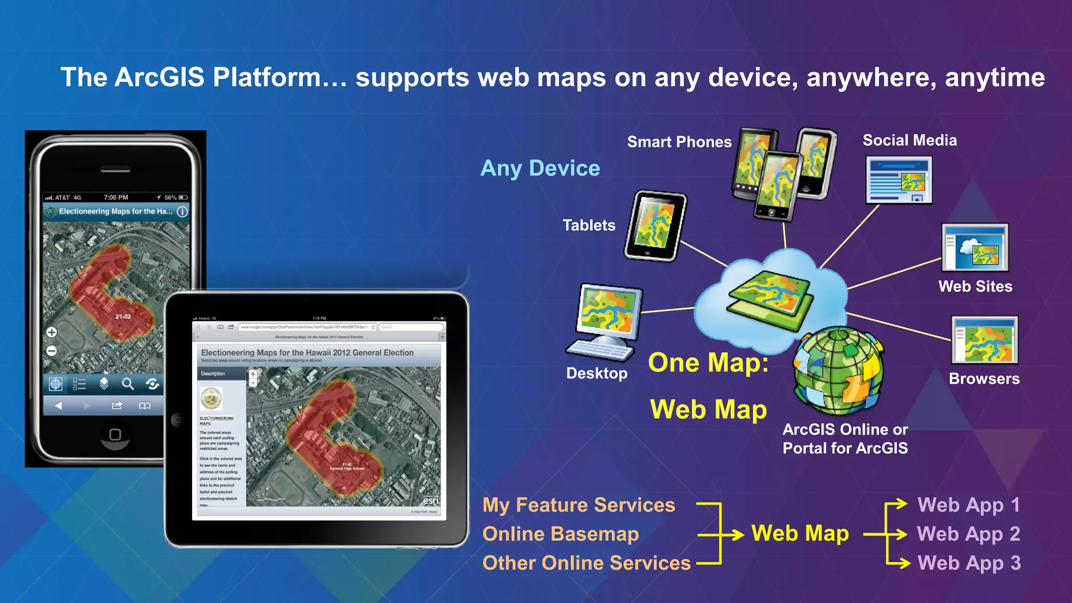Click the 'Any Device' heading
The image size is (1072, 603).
pos(540,169)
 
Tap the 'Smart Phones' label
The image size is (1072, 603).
pos(679,142)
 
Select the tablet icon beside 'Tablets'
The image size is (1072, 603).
pos(655,226)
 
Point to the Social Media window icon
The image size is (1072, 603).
pos(898,180)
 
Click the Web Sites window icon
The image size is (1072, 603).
pos(975,248)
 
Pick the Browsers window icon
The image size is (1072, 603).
pos(984,340)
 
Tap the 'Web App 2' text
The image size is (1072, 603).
pos(968,534)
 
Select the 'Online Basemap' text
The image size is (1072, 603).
pos(561,534)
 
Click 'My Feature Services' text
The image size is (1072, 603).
pos(578,505)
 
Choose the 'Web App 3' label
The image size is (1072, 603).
pos(969,563)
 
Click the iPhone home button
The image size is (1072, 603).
pos(115,434)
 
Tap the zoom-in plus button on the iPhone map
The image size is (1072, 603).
pos(51,332)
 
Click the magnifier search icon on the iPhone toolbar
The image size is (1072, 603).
pos(128,384)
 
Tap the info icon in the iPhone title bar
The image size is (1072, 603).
pos(182,211)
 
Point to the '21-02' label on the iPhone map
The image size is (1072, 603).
pos(123,317)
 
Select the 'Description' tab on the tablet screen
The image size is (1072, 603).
pos(213,374)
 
